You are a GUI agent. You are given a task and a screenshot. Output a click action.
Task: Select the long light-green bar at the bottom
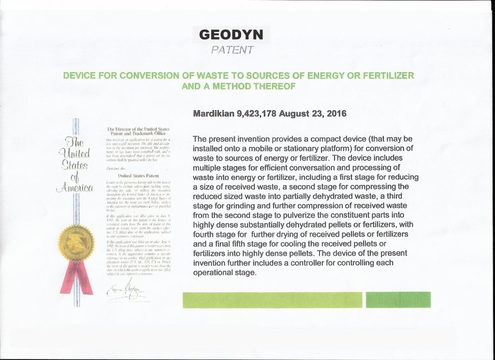tap(272, 300)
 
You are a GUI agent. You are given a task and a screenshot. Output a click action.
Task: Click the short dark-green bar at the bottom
tap(398, 300)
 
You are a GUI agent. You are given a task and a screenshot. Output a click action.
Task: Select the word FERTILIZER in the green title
tap(386, 76)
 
